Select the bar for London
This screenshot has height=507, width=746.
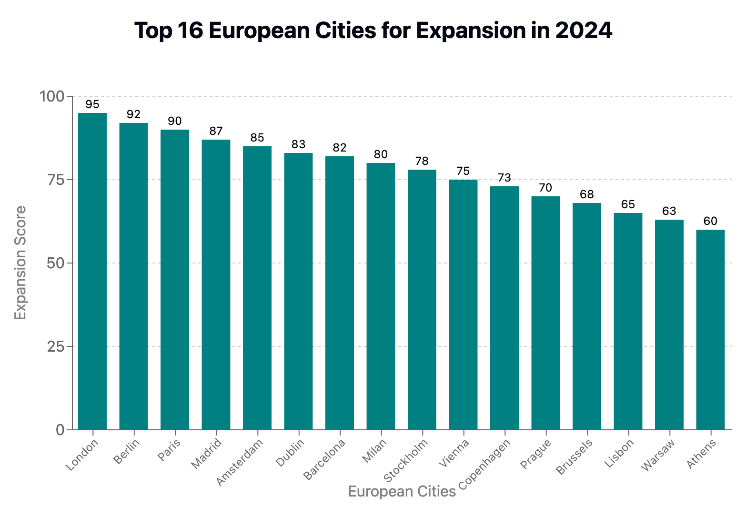92,271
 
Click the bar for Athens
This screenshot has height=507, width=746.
710,329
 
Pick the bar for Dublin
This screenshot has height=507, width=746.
298,291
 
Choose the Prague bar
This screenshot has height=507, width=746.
545,313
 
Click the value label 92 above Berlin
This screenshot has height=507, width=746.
134,114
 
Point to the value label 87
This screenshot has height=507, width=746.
216,131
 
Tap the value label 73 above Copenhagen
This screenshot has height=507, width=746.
504,178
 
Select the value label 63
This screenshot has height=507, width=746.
669,211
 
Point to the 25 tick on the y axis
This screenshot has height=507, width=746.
56,346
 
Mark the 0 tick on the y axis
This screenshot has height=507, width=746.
60,430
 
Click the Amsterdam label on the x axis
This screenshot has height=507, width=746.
240,463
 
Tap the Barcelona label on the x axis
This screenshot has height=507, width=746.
324,459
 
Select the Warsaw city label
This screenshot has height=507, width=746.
658,456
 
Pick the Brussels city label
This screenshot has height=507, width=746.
575,457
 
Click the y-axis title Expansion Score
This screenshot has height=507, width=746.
20,263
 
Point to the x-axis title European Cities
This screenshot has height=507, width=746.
402,492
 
